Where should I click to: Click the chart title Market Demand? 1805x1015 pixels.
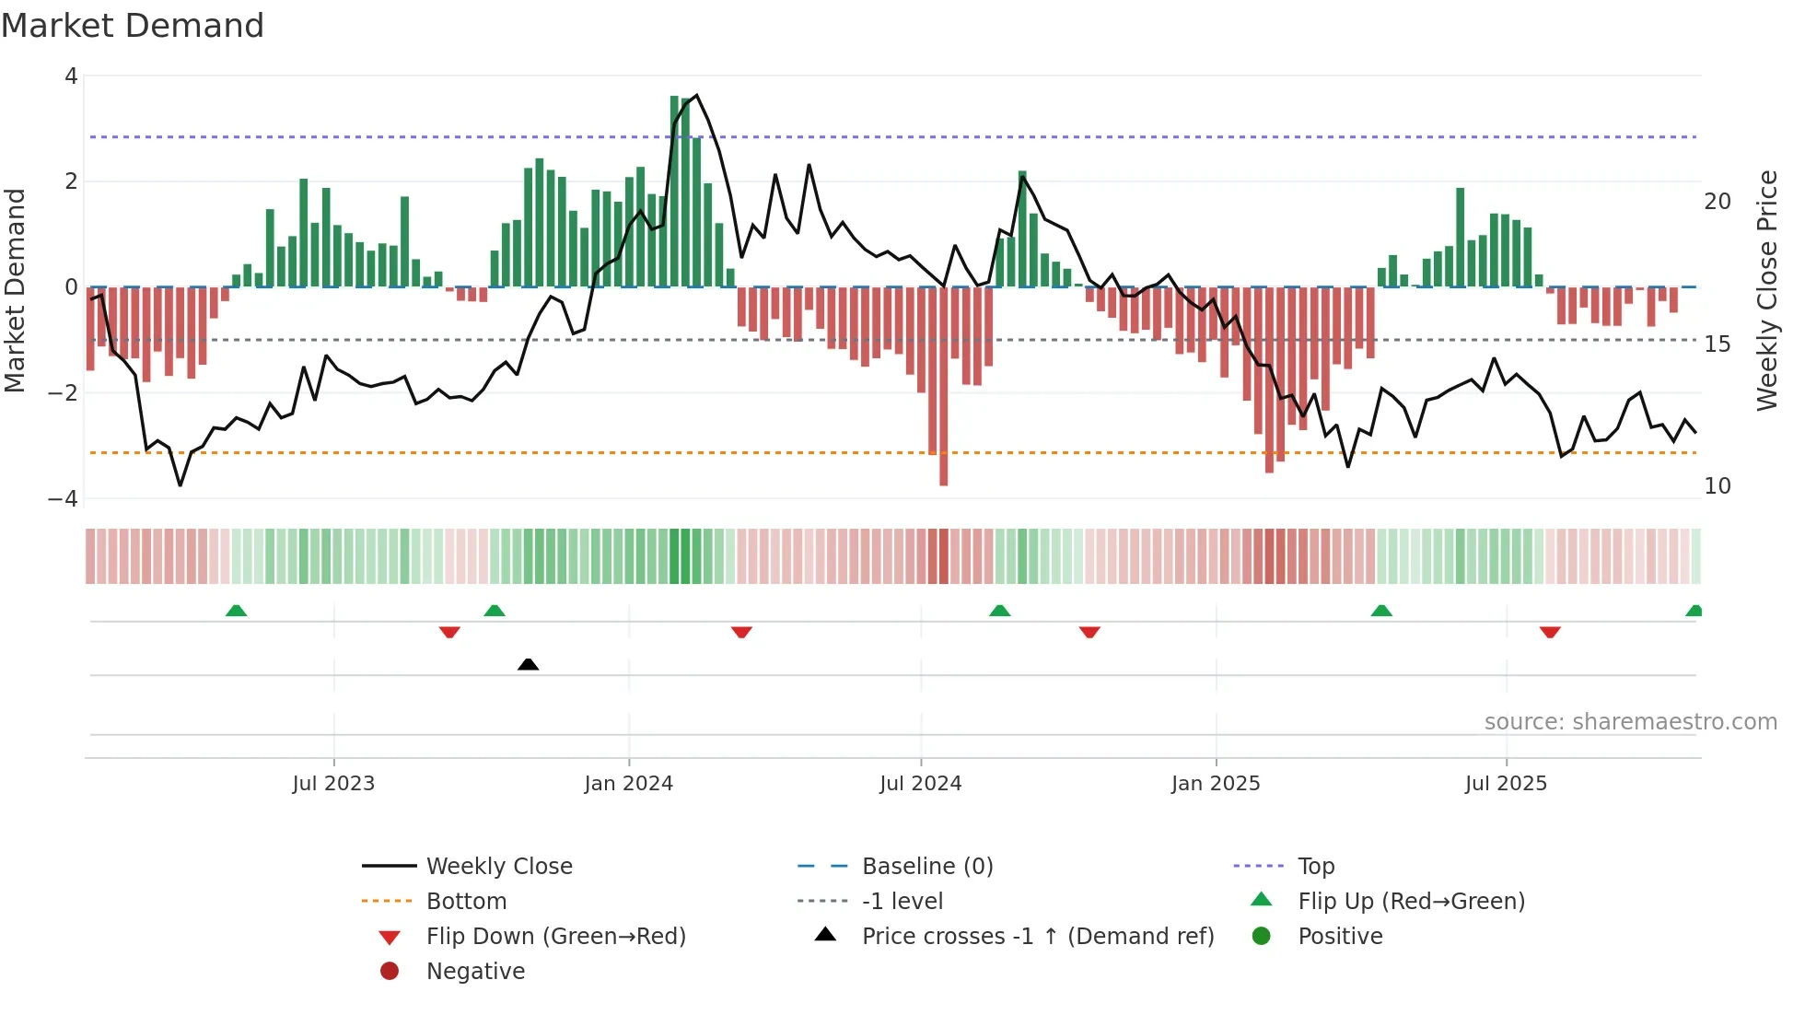tap(133, 26)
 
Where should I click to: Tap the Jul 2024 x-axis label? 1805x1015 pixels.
tap(920, 784)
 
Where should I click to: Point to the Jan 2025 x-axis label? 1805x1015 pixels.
tap(1215, 784)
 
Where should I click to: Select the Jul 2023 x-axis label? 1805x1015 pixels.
tap(333, 784)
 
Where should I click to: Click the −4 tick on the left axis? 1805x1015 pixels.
tap(63, 498)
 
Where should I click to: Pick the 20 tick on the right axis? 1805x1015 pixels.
tap(1717, 202)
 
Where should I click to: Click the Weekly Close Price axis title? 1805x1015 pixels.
tap(1766, 290)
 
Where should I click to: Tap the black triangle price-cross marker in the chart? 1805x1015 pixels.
tap(528, 664)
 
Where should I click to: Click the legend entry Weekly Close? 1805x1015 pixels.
tap(498, 867)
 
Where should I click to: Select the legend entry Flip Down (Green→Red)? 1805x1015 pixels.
tap(555, 937)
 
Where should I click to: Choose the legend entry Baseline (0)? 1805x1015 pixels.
tap(926, 867)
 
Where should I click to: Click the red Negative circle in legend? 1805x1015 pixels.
tap(390, 972)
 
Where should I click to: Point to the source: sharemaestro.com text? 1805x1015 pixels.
tap(1630, 722)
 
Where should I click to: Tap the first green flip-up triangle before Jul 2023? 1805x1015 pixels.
tap(236, 611)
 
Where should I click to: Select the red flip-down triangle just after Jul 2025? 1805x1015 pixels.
tap(1550, 632)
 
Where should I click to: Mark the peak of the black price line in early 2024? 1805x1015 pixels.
tap(696, 95)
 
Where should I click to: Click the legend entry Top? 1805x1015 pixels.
tap(1315, 867)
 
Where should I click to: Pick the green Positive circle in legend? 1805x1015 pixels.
tap(1262, 937)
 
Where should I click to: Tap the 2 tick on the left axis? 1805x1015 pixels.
tap(71, 181)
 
